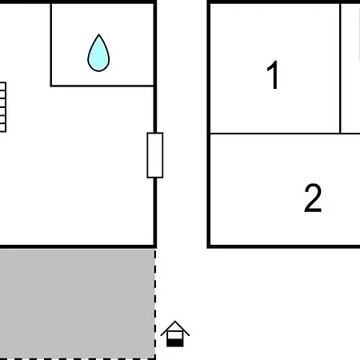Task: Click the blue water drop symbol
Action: click(98, 54)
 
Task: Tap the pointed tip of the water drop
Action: click(99, 34)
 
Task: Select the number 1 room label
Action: click(273, 75)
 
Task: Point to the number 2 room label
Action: click(313, 198)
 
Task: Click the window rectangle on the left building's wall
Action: click(155, 155)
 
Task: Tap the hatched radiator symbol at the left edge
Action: click(2, 107)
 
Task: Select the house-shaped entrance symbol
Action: click(175, 334)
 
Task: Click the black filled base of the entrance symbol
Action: click(175, 343)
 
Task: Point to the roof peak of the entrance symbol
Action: click(175, 322)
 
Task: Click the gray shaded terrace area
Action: click(77, 304)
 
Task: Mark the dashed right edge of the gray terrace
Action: click(155, 304)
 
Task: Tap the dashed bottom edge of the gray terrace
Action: click(78, 358)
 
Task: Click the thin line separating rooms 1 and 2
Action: click(285, 133)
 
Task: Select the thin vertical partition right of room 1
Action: click(340, 68)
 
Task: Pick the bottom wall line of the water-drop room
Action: click(102, 86)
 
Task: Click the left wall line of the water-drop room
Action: click(51, 45)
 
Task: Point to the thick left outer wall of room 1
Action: click(209, 124)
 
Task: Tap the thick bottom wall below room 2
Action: click(283, 246)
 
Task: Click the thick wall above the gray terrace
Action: click(78, 246)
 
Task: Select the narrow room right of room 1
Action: click(350, 68)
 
